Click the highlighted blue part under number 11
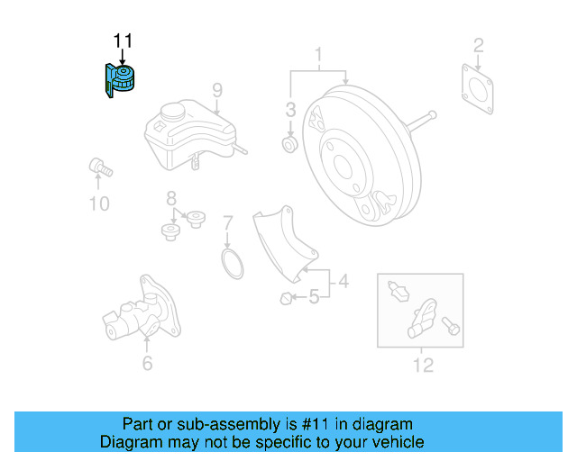[x=119, y=78]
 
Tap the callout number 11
[x=123, y=41]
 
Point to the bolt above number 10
[x=97, y=167]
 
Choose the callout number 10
[x=99, y=204]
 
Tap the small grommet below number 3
[x=290, y=143]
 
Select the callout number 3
[x=290, y=110]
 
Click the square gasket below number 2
[x=478, y=87]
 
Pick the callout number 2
[x=479, y=44]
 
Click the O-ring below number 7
[x=232, y=265]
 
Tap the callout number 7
[x=228, y=221]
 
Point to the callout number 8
[x=169, y=198]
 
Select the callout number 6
[x=147, y=364]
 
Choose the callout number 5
[x=314, y=296]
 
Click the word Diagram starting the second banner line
[x=132, y=442]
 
